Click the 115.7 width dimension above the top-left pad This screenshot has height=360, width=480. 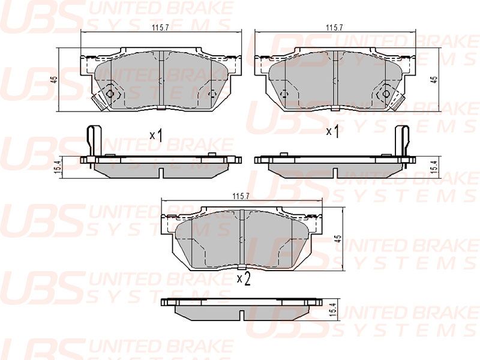tap(160, 27)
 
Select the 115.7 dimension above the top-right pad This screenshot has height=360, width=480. tap(334, 27)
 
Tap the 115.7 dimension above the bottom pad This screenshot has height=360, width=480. tap(241, 196)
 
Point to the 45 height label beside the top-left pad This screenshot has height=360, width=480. tap(54, 79)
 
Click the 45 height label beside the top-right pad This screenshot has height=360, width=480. tap(434, 79)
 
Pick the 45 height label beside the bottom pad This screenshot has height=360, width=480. tap(338, 239)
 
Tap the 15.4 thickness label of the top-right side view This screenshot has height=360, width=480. tap(434, 167)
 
